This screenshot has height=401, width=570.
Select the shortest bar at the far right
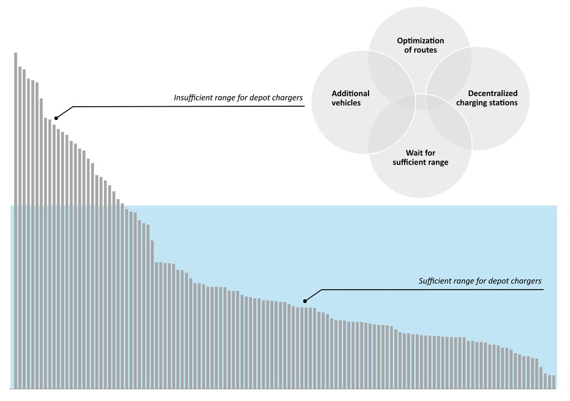tap(554, 382)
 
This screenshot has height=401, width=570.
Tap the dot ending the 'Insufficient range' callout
tap(56, 118)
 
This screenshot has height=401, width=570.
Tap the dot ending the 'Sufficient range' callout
tap(304, 301)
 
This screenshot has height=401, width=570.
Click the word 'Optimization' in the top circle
tap(420, 41)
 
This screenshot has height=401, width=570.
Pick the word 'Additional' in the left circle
tap(350, 93)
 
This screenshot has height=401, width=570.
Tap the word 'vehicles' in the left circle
tap(346, 103)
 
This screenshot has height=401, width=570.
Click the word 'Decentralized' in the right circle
tap(493, 93)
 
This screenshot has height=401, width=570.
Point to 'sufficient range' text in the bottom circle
tap(420, 162)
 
